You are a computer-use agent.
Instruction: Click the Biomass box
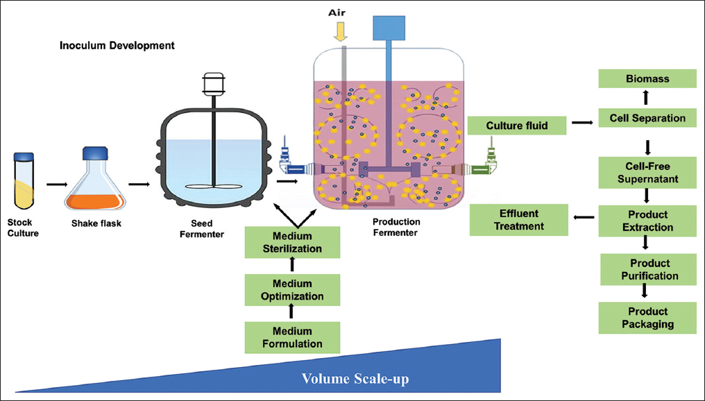pos(647,78)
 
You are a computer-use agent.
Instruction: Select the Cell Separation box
pos(647,118)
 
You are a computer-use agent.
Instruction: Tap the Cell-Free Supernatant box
pos(647,172)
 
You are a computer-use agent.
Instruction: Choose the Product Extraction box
pos(647,221)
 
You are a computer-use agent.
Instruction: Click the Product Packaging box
pos(647,318)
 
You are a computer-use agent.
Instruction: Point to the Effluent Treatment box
pos(519,219)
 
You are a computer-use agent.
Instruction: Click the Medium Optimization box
pos(292,290)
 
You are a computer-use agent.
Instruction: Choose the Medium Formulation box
pos(292,337)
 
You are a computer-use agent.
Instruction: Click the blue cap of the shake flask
pos(96,154)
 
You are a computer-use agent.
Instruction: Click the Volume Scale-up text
pos(355,379)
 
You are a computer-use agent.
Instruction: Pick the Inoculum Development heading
pos(117,46)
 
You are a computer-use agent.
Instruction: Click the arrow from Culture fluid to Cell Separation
pos(581,123)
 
